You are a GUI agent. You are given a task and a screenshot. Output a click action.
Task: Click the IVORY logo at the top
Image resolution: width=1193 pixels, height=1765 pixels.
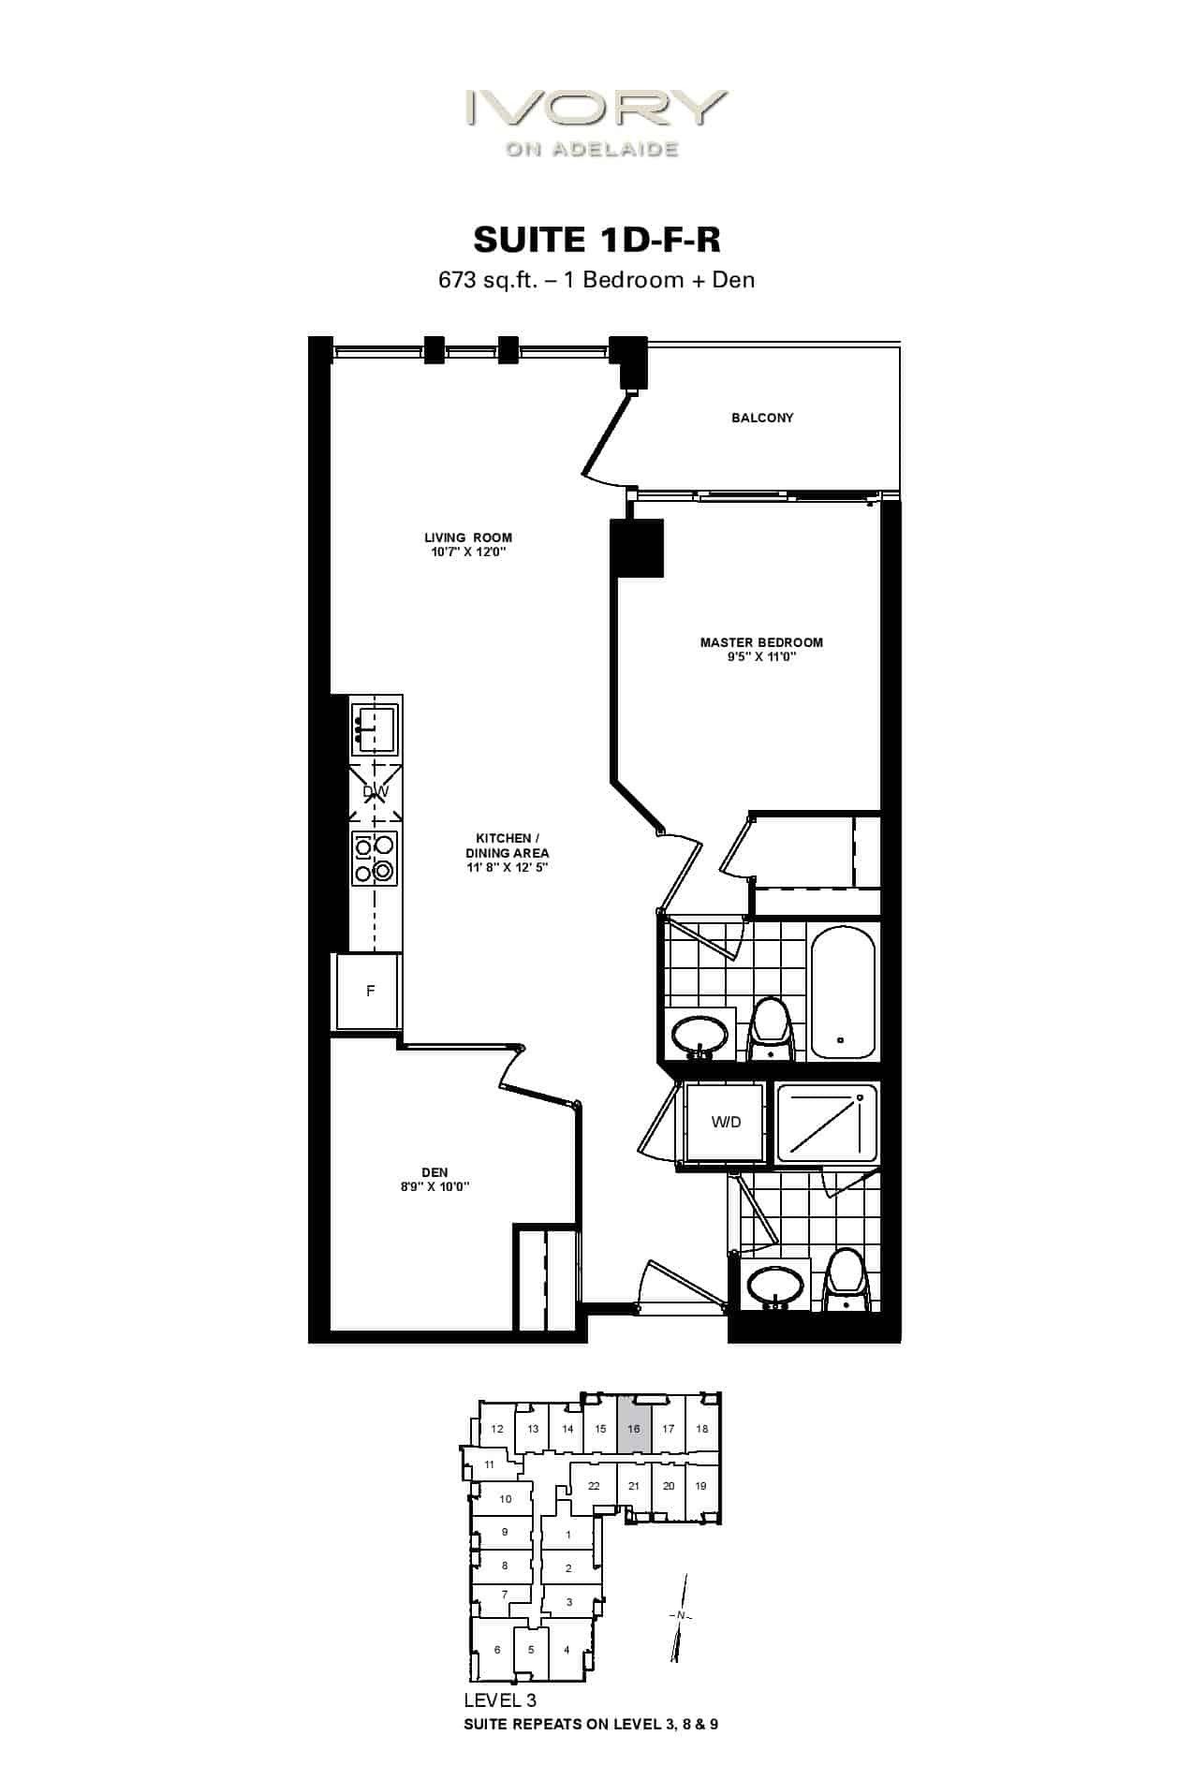596,122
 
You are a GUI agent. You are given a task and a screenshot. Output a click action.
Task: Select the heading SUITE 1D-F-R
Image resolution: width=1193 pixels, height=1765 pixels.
596,240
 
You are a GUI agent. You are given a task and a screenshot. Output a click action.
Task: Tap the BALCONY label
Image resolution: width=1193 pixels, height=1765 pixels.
762,418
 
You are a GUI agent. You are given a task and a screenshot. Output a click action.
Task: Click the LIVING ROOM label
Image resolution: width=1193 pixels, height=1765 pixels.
468,537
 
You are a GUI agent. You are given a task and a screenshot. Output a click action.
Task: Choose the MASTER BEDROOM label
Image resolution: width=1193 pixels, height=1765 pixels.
761,642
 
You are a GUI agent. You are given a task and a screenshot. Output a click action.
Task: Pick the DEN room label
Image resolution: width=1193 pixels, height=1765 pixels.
434,1172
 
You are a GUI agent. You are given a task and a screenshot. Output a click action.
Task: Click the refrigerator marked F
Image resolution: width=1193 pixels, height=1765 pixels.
370,992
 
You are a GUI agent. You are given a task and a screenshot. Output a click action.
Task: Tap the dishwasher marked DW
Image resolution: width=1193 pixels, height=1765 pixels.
376,792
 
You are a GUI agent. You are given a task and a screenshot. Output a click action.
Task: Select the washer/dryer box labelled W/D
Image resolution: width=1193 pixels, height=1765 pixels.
726,1122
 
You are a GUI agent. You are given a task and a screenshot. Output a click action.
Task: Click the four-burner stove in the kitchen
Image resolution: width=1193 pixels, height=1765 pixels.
375,859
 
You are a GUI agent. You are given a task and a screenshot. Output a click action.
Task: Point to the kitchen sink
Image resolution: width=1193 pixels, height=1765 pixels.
374,729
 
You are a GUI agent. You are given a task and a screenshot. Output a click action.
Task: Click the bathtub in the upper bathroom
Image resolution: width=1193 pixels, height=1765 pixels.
843,992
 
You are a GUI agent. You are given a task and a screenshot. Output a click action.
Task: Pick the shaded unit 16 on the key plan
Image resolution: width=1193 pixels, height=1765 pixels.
634,1429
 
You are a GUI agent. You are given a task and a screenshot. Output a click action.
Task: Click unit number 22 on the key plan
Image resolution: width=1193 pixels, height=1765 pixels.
594,1486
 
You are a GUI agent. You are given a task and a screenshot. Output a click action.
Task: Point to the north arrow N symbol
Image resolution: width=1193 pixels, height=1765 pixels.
681,1617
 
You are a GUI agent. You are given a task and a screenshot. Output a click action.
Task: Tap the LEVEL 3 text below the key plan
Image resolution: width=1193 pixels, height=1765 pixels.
500,1699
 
